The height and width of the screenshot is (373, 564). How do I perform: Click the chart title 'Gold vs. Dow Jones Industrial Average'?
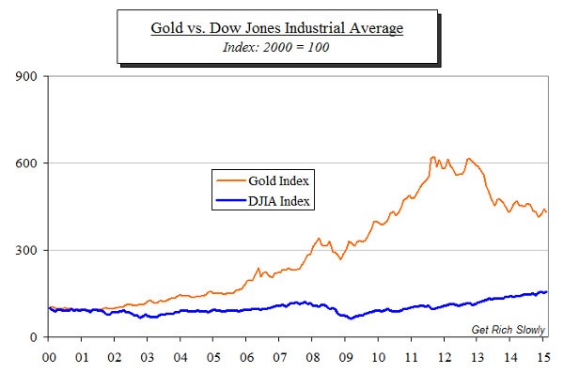point(277,27)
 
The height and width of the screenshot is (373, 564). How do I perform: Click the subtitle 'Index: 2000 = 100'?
point(277,47)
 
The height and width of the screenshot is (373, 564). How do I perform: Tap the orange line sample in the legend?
point(229,179)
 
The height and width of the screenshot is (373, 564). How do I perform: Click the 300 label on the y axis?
point(26,251)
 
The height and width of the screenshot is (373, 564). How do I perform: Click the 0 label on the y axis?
point(33,337)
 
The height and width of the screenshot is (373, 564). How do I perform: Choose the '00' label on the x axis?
point(49,357)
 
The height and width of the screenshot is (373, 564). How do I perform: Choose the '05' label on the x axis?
point(213,357)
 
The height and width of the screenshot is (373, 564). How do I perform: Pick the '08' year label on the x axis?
point(312,357)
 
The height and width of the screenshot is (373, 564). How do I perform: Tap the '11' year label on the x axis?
point(411,357)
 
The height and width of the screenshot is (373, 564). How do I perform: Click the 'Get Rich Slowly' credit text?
point(507,329)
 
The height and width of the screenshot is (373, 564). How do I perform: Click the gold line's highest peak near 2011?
point(432,157)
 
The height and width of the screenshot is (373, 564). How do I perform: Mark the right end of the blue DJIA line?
point(547,292)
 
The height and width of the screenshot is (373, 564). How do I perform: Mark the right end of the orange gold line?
point(547,213)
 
